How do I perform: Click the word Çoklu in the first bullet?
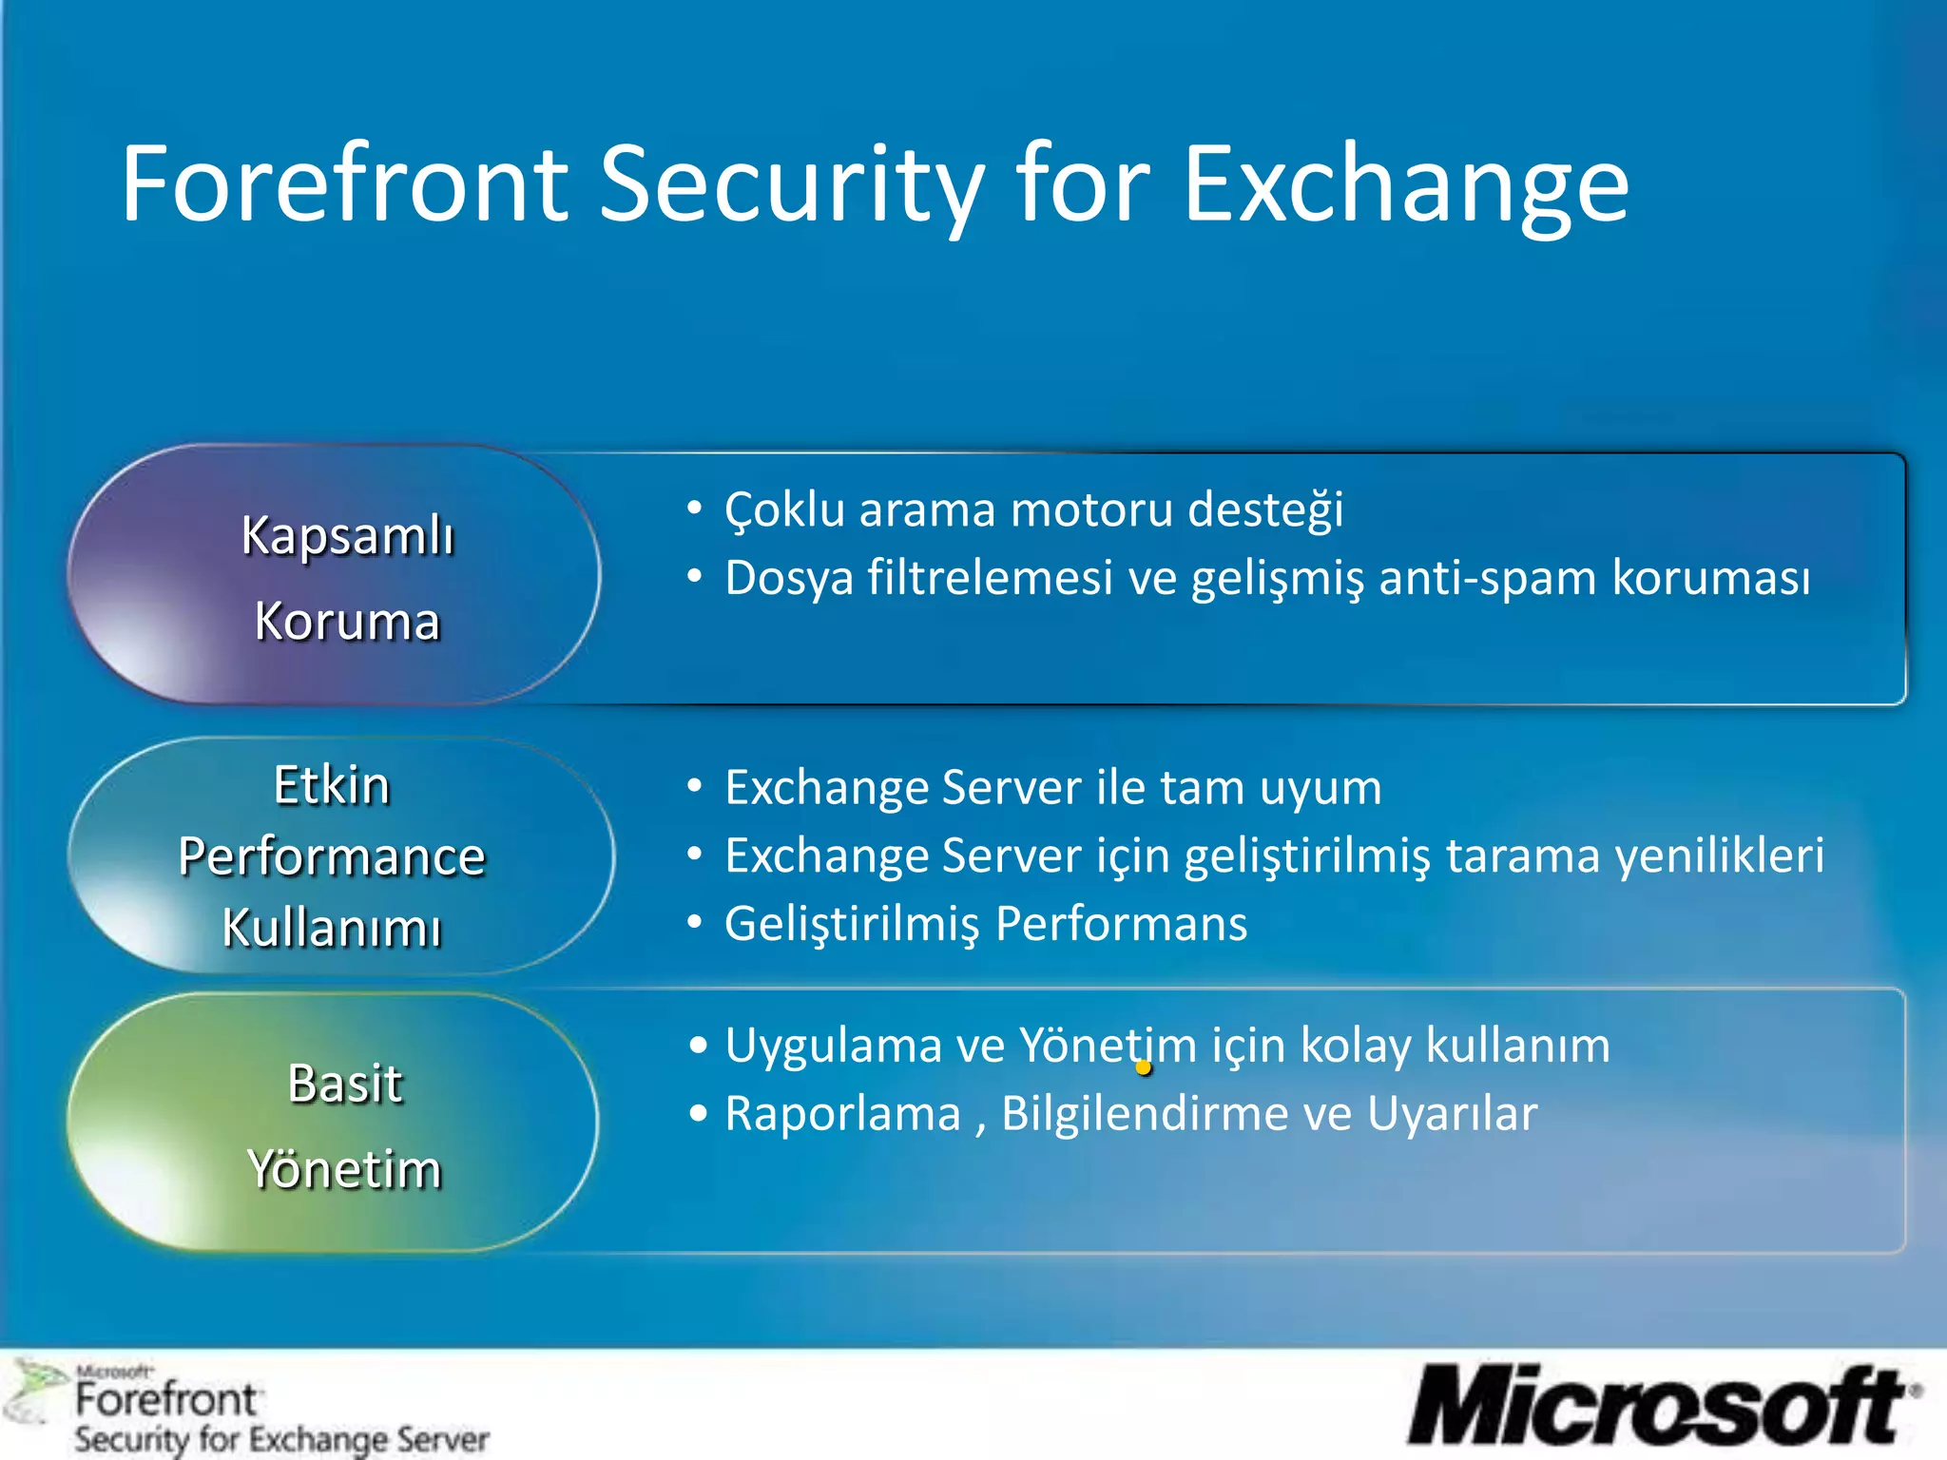coord(784,510)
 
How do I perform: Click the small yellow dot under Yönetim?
coord(1144,1067)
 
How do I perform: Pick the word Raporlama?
coord(842,1114)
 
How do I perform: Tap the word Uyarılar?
coord(1452,1114)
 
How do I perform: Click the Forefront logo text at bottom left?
coord(165,1400)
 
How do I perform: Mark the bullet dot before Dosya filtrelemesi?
coord(696,577)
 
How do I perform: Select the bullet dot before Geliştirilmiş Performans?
coord(696,923)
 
